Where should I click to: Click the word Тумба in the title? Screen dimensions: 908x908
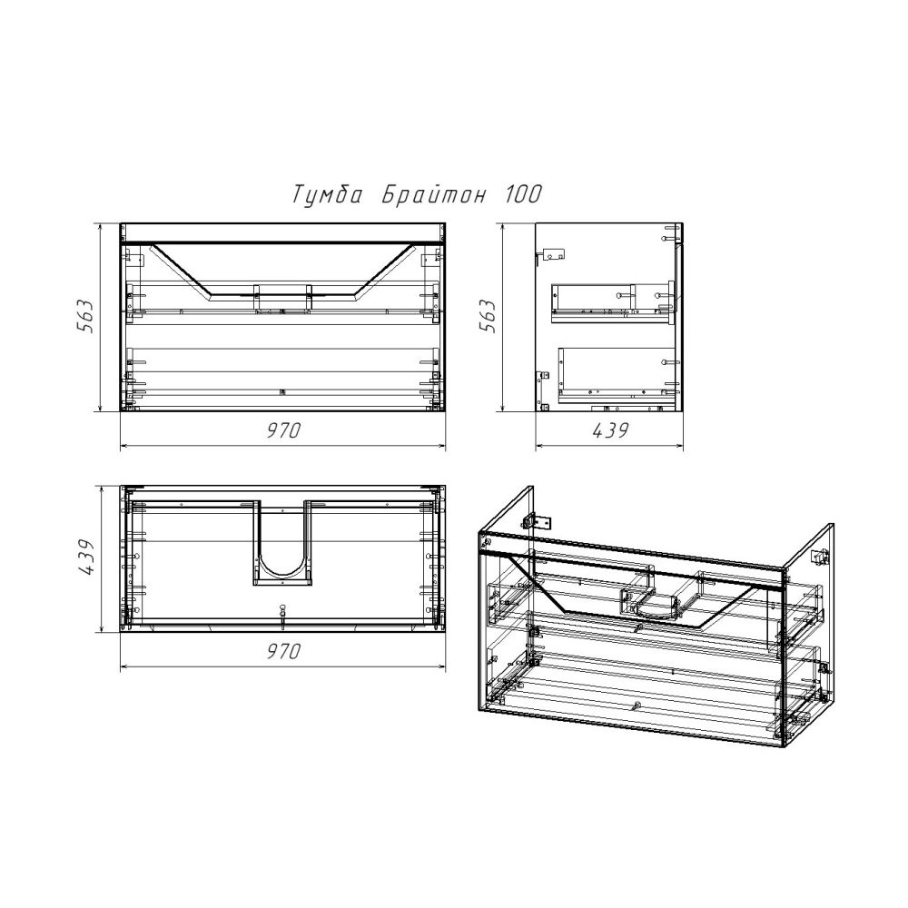(x=327, y=195)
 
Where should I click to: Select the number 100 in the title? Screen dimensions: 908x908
(x=523, y=195)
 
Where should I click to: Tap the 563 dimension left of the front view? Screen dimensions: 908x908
(x=84, y=317)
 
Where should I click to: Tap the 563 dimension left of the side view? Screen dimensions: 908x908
(x=487, y=317)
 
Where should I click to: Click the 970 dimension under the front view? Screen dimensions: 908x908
(x=283, y=430)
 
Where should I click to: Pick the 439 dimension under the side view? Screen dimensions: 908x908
(x=610, y=430)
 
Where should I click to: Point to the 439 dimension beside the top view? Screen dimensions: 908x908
(x=84, y=558)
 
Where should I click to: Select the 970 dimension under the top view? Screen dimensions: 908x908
(x=283, y=651)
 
